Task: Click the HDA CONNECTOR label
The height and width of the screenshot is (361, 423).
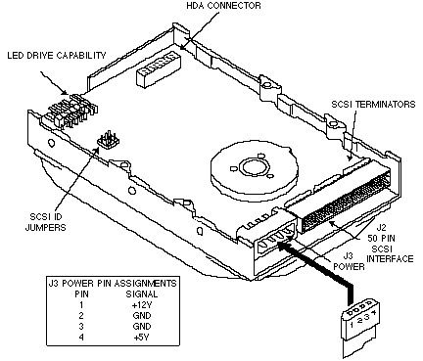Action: coord(223,6)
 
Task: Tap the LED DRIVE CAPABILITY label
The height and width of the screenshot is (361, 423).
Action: coord(57,56)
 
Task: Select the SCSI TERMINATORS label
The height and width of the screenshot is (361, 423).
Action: coord(373,105)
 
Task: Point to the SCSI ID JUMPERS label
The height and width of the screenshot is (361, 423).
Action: coord(45,222)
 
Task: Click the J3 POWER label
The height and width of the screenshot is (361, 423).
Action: coord(349,261)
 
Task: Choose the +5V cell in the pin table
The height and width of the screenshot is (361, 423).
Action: coord(141,338)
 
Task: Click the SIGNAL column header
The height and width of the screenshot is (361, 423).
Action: coord(142,294)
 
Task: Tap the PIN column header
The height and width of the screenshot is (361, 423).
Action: coord(81,294)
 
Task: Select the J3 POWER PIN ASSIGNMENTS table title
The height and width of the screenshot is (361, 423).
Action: coord(113,283)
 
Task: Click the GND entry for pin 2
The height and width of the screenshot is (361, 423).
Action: coord(142,316)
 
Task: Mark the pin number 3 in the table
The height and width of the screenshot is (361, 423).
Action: coord(81,327)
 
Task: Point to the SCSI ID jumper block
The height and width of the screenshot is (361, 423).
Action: coord(109,140)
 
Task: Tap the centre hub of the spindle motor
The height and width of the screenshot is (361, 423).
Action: coord(253,166)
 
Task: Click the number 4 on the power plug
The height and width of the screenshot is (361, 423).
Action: coord(374,312)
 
